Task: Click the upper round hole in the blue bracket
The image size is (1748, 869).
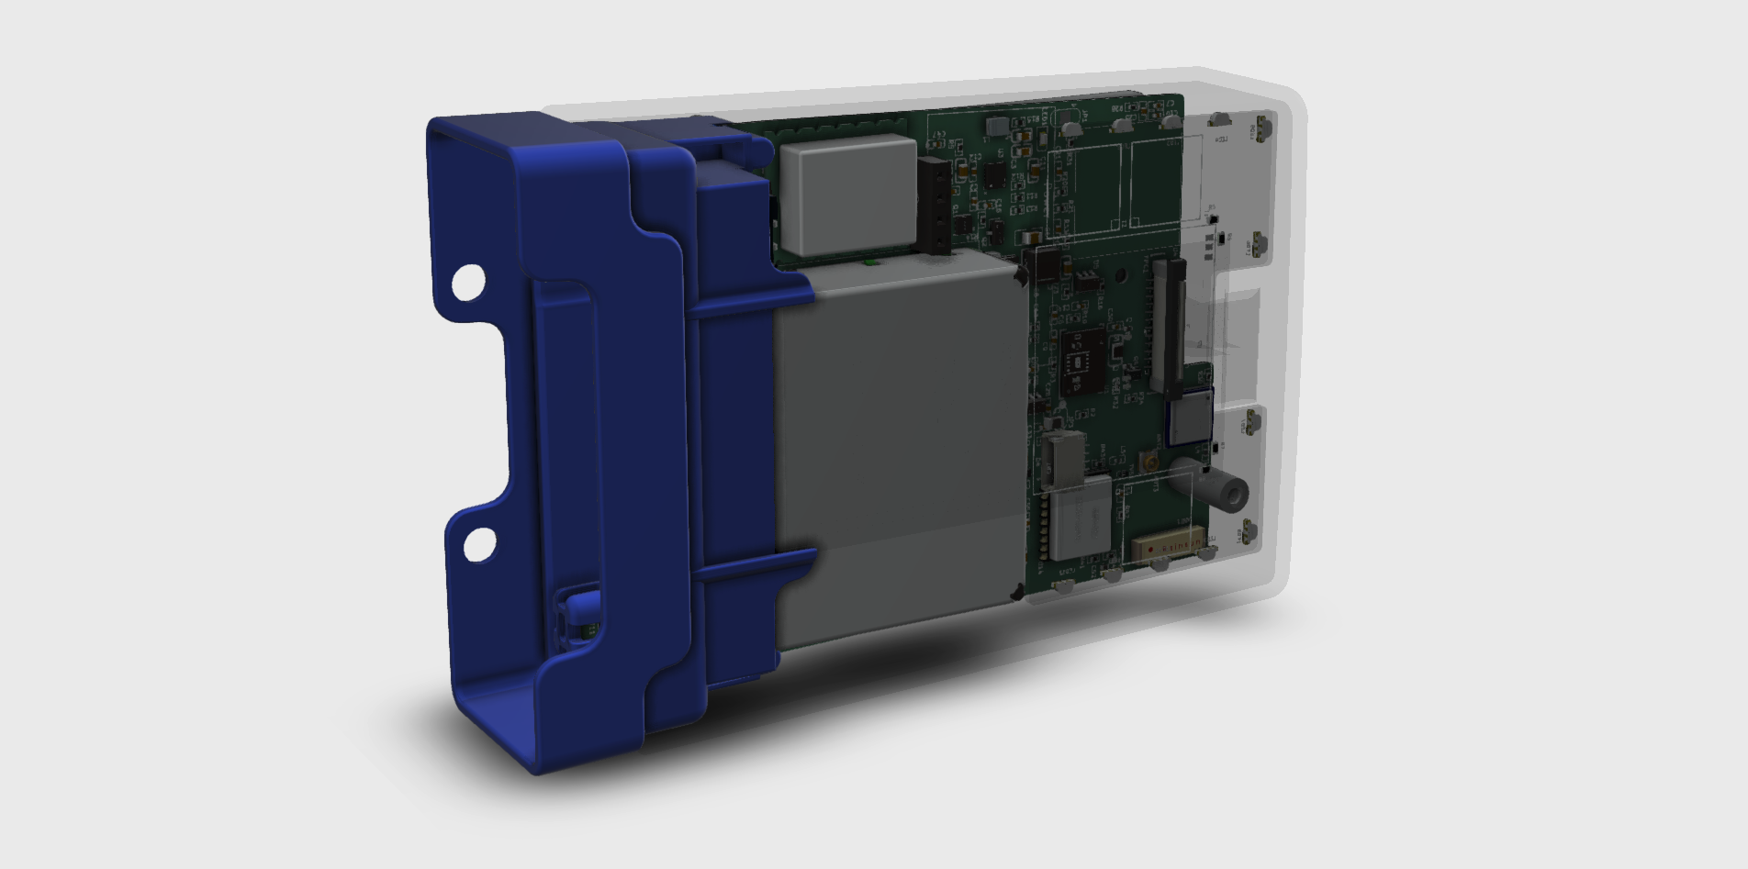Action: click(x=467, y=283)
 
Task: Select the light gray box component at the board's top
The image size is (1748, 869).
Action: click(x=846, y=195)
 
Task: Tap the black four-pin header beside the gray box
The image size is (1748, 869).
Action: click(x=936, y=205)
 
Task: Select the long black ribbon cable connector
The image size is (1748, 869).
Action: click(x=1169, y=321)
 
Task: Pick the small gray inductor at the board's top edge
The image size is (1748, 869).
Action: click(x=996, y=123)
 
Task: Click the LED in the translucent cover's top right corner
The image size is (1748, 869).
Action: click(x=1264, y=128)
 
